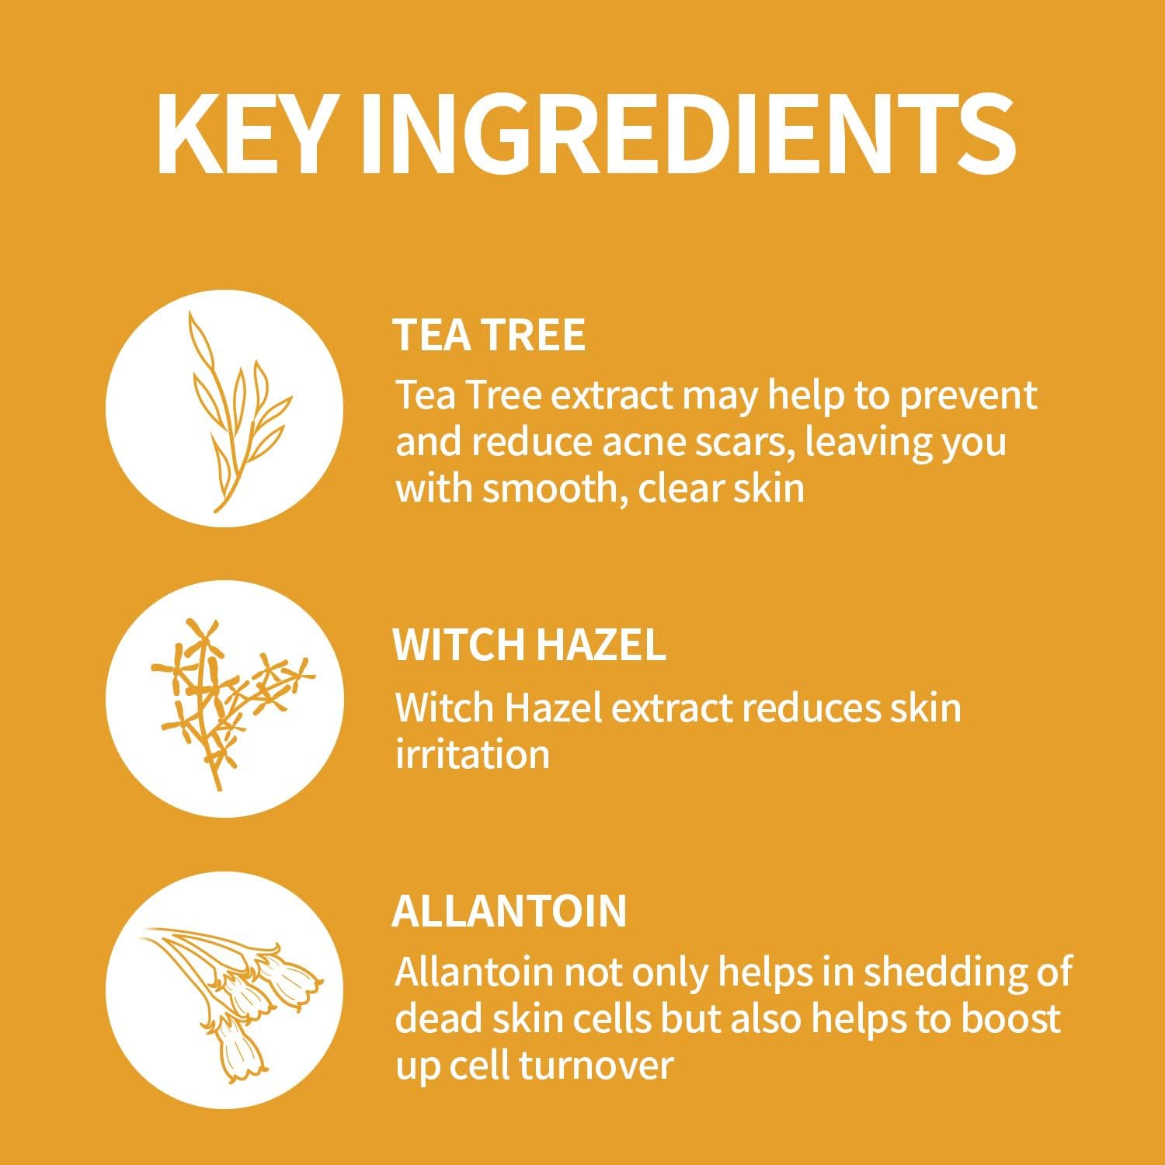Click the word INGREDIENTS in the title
tap(688, 134)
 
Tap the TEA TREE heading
tap(489, 335)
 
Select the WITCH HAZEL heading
tap(530, 645)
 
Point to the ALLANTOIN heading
tap(509, 910)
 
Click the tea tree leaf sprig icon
tap(224, 409)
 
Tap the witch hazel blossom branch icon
tap(224, 698)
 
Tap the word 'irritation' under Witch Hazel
tap(472, 754)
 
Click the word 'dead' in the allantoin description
tap(429, 1019)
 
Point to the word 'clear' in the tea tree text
tap(680, 489)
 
